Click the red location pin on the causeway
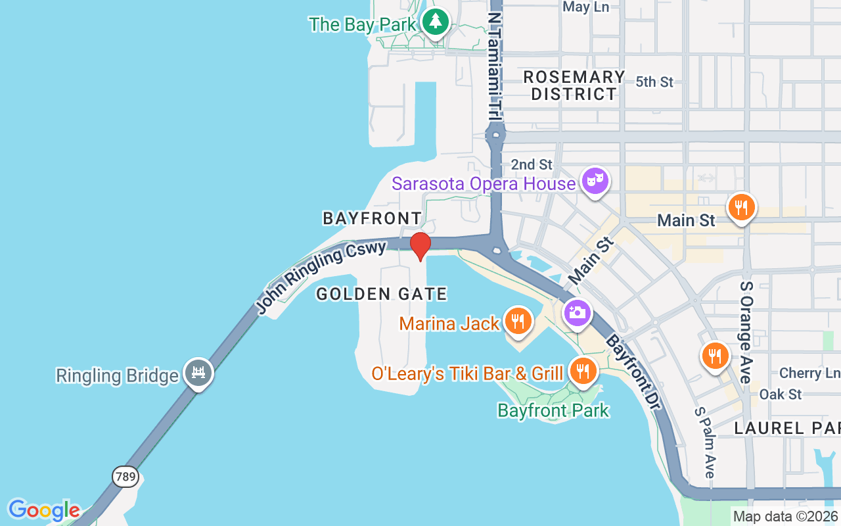(420, 245)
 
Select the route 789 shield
(125, 476)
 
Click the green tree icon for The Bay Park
(434, 23)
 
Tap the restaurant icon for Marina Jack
(518, 321)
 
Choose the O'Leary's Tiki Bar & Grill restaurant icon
(582, 371)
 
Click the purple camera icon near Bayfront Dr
(578, 312)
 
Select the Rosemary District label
(574, 85)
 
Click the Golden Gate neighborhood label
(382, 294)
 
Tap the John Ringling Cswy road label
(320, 276)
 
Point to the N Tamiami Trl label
(495, 66)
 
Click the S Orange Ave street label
(746, 332)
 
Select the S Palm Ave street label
(704, 442)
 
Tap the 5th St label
(654, 82)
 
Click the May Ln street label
(586, 7)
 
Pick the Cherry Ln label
(809, 373)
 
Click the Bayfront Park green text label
(553, 411)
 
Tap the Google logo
(44, 510)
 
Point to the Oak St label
(781, 394)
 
